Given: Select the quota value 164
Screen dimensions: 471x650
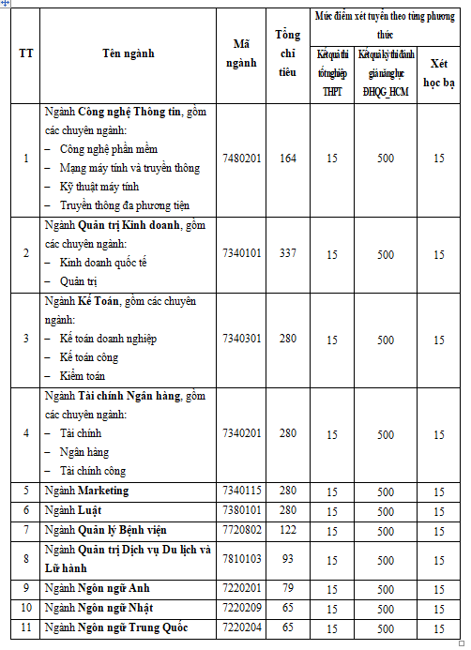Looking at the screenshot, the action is (288, 158).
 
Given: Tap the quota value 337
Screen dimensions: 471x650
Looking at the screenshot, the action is (288, 253).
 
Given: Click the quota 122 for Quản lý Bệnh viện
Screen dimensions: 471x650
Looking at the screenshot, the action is (288, 530).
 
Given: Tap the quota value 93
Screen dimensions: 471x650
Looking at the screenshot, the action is (288, 559).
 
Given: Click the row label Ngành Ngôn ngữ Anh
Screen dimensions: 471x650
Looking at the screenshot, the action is (90, 588).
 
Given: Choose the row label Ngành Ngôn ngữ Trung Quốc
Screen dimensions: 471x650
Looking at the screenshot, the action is (116, 627).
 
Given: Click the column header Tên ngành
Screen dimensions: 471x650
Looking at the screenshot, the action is (129, 53).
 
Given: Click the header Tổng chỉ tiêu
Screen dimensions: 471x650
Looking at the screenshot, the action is (288, 53).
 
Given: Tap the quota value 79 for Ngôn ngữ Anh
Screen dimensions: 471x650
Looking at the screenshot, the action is (288, 588).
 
